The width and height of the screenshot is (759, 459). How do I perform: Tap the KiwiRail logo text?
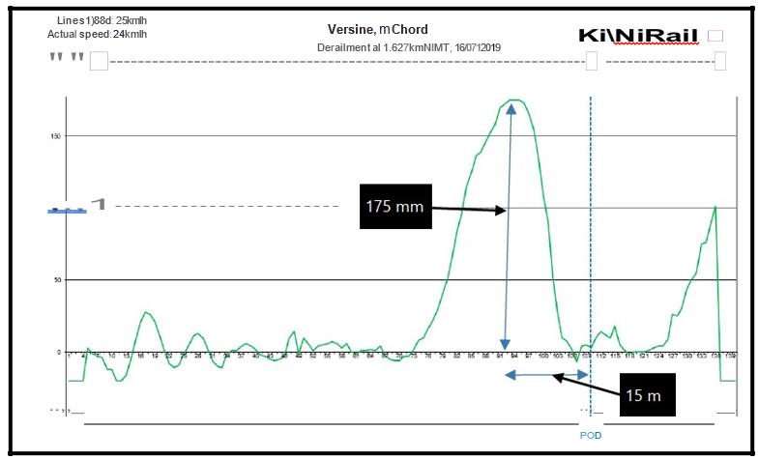(x=639, y=36)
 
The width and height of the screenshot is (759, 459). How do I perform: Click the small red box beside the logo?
(x=715, y=36)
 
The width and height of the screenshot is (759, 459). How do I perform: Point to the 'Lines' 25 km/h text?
(x=101, y=20)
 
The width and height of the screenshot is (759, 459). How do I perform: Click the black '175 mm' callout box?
(x=394, y=206)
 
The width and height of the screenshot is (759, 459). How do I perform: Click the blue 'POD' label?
(x=590, y=435)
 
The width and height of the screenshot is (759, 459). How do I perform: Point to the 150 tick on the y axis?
(x=56, y=136)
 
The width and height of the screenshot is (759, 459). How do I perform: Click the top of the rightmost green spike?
(x=715, y=207)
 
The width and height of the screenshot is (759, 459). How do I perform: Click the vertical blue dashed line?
(x=591, y=242)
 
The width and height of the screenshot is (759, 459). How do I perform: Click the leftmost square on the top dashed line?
(x=99, y=62)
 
